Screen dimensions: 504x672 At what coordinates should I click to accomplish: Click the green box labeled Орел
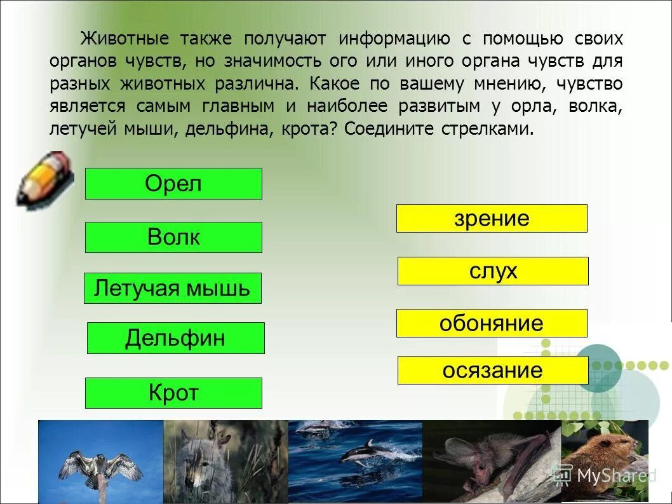click(x=173, y=184)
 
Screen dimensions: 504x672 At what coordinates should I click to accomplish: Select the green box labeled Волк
click(x=173, y=237)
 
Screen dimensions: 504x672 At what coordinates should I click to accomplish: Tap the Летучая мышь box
click(x=172, y=288)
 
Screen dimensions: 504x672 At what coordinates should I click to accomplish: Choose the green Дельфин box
click(x=175, y=337)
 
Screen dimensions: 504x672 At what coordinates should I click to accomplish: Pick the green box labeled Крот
click(x=173, y=393)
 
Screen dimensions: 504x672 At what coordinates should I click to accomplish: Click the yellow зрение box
click(x=492, y=218)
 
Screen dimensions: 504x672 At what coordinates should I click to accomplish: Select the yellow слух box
click(x=493, y=271)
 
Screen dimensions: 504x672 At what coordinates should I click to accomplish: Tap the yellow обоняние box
click(x=492, y=323)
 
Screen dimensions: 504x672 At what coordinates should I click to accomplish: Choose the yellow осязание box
click(x=493, y=370)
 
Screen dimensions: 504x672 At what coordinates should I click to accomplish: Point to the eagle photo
click(x=100, y=461)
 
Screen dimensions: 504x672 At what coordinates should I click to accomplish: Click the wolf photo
click(x=225, y=461)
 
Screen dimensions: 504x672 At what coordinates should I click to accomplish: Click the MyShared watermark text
click(x=613, y=475)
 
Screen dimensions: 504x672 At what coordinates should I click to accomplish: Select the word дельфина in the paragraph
click(x=233, y=128)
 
